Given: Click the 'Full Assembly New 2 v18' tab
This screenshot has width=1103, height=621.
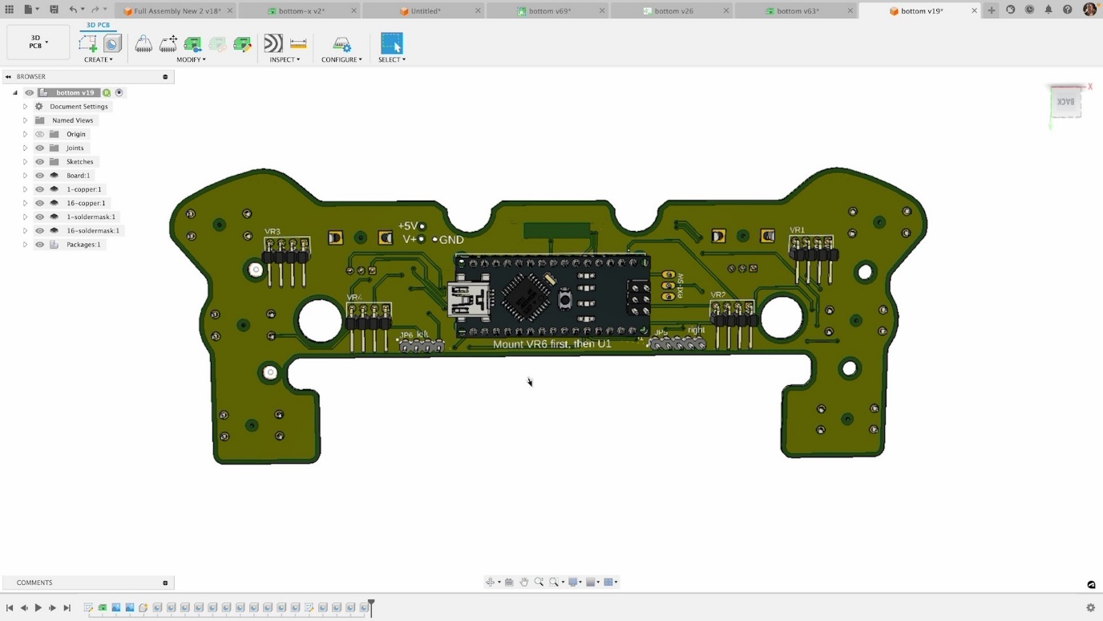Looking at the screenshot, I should coord(176,11).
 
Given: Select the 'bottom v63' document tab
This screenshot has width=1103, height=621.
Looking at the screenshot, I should coord(797,11).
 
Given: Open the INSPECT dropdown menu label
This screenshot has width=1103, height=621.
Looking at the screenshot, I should coord(285,59).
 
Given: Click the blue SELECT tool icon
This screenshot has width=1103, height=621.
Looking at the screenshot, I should coord(391,43).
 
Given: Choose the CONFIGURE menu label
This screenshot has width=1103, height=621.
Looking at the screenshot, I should coord(341,59).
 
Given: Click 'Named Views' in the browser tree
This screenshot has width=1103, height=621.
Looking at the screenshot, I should coord(72,120).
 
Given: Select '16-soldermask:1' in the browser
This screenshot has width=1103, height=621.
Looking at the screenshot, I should coord(93,230).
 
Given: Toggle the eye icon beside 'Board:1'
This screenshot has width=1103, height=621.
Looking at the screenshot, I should coord(39,176).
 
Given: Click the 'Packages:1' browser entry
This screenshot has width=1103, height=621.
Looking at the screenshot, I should coord(83,245).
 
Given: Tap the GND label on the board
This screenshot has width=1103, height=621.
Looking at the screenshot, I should coord(451,240).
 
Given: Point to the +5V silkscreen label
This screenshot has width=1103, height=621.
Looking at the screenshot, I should coord(408,226).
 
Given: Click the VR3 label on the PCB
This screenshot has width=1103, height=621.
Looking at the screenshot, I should coord(273,232).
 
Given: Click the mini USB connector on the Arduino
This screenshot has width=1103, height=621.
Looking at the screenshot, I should coord(468,298).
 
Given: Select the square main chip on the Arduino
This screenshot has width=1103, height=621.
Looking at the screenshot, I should coord(526,296).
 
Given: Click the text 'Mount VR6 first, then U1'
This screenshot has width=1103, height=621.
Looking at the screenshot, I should coord(551,344).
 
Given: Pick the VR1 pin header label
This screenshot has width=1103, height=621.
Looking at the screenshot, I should coord(797,230).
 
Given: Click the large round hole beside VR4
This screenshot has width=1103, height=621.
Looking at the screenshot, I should coord(320,320).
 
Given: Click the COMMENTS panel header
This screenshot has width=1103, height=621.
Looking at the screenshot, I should coord(34,582).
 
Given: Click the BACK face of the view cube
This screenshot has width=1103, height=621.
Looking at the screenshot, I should coord(1065,102).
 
